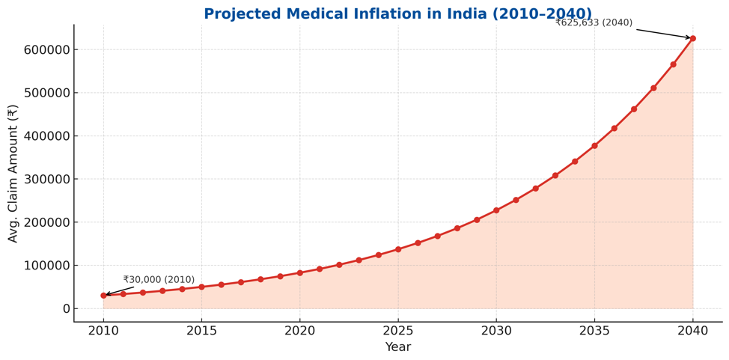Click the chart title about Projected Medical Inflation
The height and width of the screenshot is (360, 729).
397,14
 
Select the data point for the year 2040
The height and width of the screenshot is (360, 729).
692,38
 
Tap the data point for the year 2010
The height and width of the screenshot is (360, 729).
104,296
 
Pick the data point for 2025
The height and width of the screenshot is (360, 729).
398,249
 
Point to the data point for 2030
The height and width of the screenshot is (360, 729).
496,210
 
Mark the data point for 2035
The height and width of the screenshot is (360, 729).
594,146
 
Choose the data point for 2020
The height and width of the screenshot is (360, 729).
300,272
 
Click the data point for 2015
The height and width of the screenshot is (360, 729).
201,287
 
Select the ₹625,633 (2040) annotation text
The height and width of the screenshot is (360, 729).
594,22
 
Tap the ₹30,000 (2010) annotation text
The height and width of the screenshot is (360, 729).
159,280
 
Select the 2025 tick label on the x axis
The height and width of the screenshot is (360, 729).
398,330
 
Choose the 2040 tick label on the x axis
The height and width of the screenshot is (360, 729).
692,330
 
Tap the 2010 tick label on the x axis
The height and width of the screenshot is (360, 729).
104,330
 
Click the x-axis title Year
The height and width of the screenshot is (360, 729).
397,347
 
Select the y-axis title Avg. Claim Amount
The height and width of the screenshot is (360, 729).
13,173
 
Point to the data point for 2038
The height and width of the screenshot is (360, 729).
653,88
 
